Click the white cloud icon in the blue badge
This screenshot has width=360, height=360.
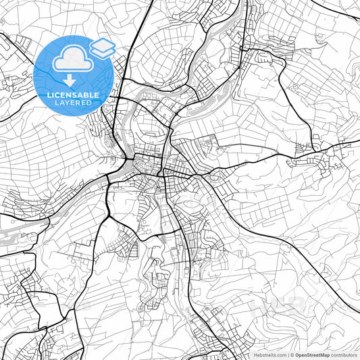point(70,60)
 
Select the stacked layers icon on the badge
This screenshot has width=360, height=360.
point(103,48)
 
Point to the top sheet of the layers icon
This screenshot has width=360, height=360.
point(103,45)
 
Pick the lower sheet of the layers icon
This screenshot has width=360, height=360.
point(103,52)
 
